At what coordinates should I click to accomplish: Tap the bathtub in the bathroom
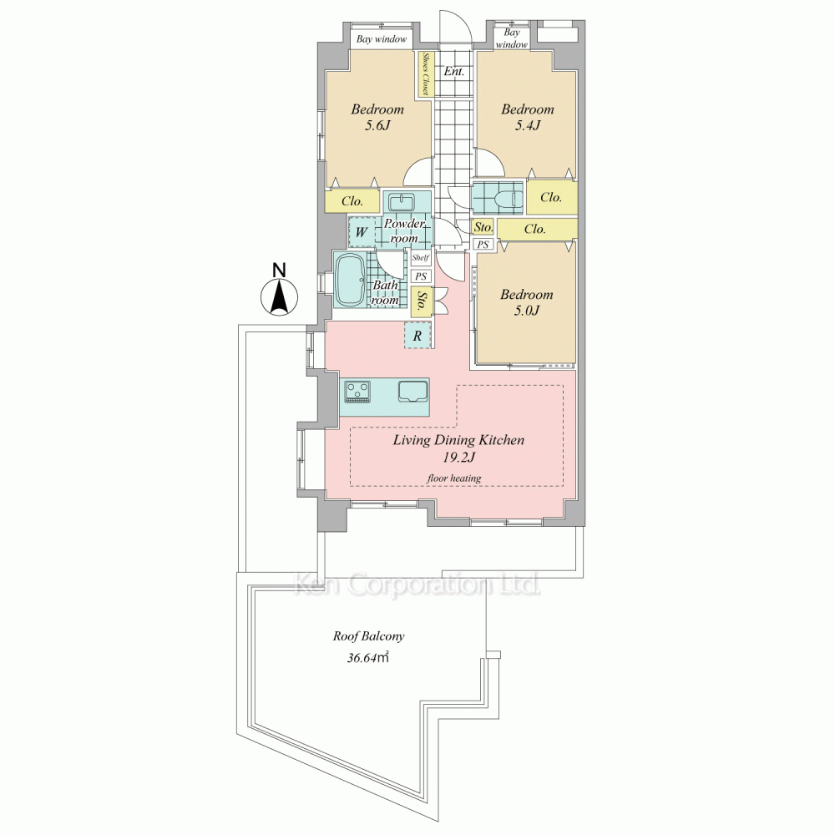(x=351, y=280)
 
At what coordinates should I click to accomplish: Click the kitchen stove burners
(x=357, y=391)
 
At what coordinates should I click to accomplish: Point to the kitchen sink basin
(x=413, y=390)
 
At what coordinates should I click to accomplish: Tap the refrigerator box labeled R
(x=417, y=336)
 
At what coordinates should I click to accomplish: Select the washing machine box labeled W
(x=362, y=231)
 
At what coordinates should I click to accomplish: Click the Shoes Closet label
(x=426, y=73)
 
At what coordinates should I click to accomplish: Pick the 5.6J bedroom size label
(x=377, y=126)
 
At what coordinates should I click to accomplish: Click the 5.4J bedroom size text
(x=527, y=126)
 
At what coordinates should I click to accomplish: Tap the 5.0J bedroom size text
(x=527, y=311)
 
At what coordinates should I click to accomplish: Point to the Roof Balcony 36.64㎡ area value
(x=368, y=658)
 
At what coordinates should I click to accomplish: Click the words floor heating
(x=454, y=478)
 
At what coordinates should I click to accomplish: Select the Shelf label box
(x=421, y=258)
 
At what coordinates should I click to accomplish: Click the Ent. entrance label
(x=454, y=71)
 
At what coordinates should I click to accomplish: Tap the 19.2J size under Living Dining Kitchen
(x=458, y=457)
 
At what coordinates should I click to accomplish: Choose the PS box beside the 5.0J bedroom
(x=483, y=245)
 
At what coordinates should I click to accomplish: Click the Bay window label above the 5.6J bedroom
(x=382, y=39)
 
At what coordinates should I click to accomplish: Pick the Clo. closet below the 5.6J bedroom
(x=352, y=201)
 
